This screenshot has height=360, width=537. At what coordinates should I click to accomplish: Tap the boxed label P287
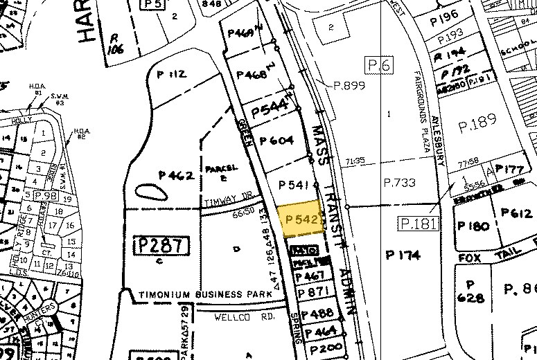click(x=160, y=245)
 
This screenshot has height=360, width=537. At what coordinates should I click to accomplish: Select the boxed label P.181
click(x=419, y=223)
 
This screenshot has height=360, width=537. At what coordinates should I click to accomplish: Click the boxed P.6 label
click(x=380, y=65)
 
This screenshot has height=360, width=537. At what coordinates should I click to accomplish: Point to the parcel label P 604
click(x=276, y=141)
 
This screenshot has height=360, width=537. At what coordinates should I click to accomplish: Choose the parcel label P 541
click(x=291, y=185)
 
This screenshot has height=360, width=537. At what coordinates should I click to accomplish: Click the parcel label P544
click(x=270, y=109)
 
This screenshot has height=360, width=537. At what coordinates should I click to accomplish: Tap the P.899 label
click(x=349, y=86)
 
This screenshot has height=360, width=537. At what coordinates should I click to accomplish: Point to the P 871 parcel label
click(x=310, y=293)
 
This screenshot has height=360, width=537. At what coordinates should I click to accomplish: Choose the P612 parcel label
click(x=515, y=213)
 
